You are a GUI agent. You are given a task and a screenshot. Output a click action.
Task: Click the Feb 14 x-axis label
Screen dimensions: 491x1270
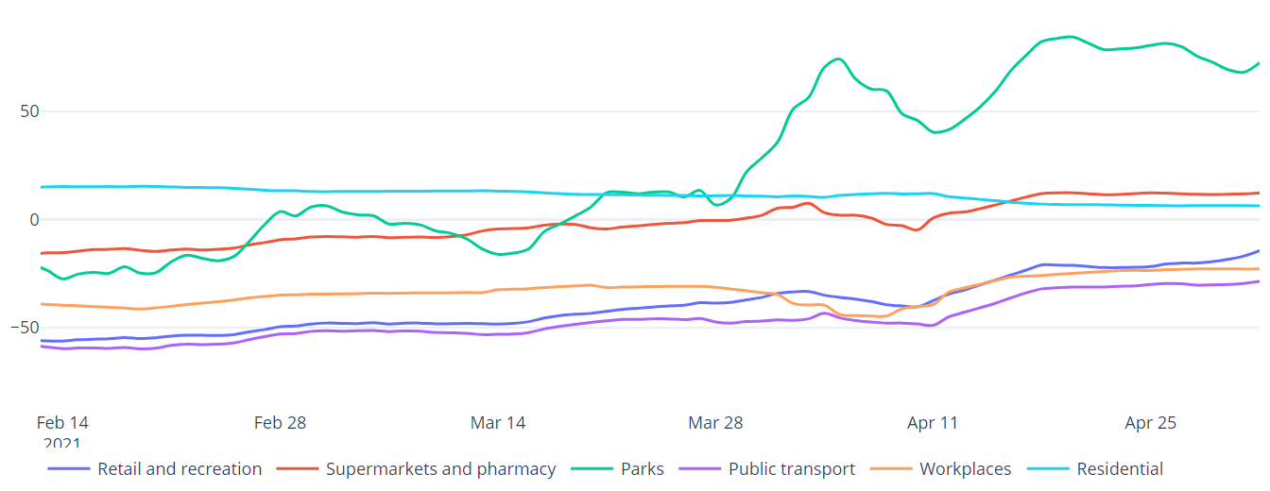[62, 423]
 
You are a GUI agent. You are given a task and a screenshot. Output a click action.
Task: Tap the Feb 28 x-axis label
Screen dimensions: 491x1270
[280, 423]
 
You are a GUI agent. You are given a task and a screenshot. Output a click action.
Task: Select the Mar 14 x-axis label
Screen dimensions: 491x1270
[498, 423]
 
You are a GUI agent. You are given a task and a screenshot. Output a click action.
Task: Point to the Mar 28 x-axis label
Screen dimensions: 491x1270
[715, 423]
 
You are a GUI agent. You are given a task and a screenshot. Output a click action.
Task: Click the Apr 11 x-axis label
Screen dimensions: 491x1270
[933, 423]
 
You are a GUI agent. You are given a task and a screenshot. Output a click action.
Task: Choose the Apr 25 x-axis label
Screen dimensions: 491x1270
[1151, 423]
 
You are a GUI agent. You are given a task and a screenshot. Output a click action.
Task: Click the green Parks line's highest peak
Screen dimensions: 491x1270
[1068, 37]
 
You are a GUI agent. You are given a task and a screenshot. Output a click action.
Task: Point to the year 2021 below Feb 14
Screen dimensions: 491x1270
[62, 443]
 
